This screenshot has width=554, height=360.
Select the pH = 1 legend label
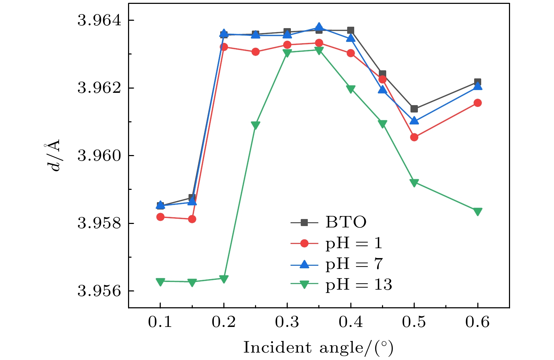(x=354, y=243)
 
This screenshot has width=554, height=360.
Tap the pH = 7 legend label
(x=354, y=264)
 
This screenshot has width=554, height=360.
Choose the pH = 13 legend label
(x=358, y=284)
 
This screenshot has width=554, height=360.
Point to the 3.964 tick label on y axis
(x=99, y=20)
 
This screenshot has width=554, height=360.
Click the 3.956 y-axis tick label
(x=99, y=291)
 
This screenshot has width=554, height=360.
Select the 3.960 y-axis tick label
(x=99, y=155)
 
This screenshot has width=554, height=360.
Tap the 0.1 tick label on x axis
(x=160, y=322)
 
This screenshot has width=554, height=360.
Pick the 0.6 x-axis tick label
(x=477, y=322)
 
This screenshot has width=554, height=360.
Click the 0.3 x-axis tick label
(x=287, y=322)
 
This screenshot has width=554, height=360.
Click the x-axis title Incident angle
(x=318, y=348)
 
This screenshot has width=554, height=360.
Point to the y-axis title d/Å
(x=53, y=156)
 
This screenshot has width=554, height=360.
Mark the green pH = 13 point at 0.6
(x=477, y=211)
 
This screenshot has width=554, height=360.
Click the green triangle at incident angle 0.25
(x=255, y=125)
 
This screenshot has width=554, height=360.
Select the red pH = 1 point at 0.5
(x=414, y=137)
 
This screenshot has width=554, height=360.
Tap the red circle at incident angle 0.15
(x=192, y=219)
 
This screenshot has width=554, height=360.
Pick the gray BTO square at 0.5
(x=414, y=109)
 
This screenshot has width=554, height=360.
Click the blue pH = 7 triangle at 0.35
(x=319, y=27)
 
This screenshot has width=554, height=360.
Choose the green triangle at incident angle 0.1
(x=160, y=282)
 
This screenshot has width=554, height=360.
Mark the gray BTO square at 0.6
(x=477, y=82)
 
